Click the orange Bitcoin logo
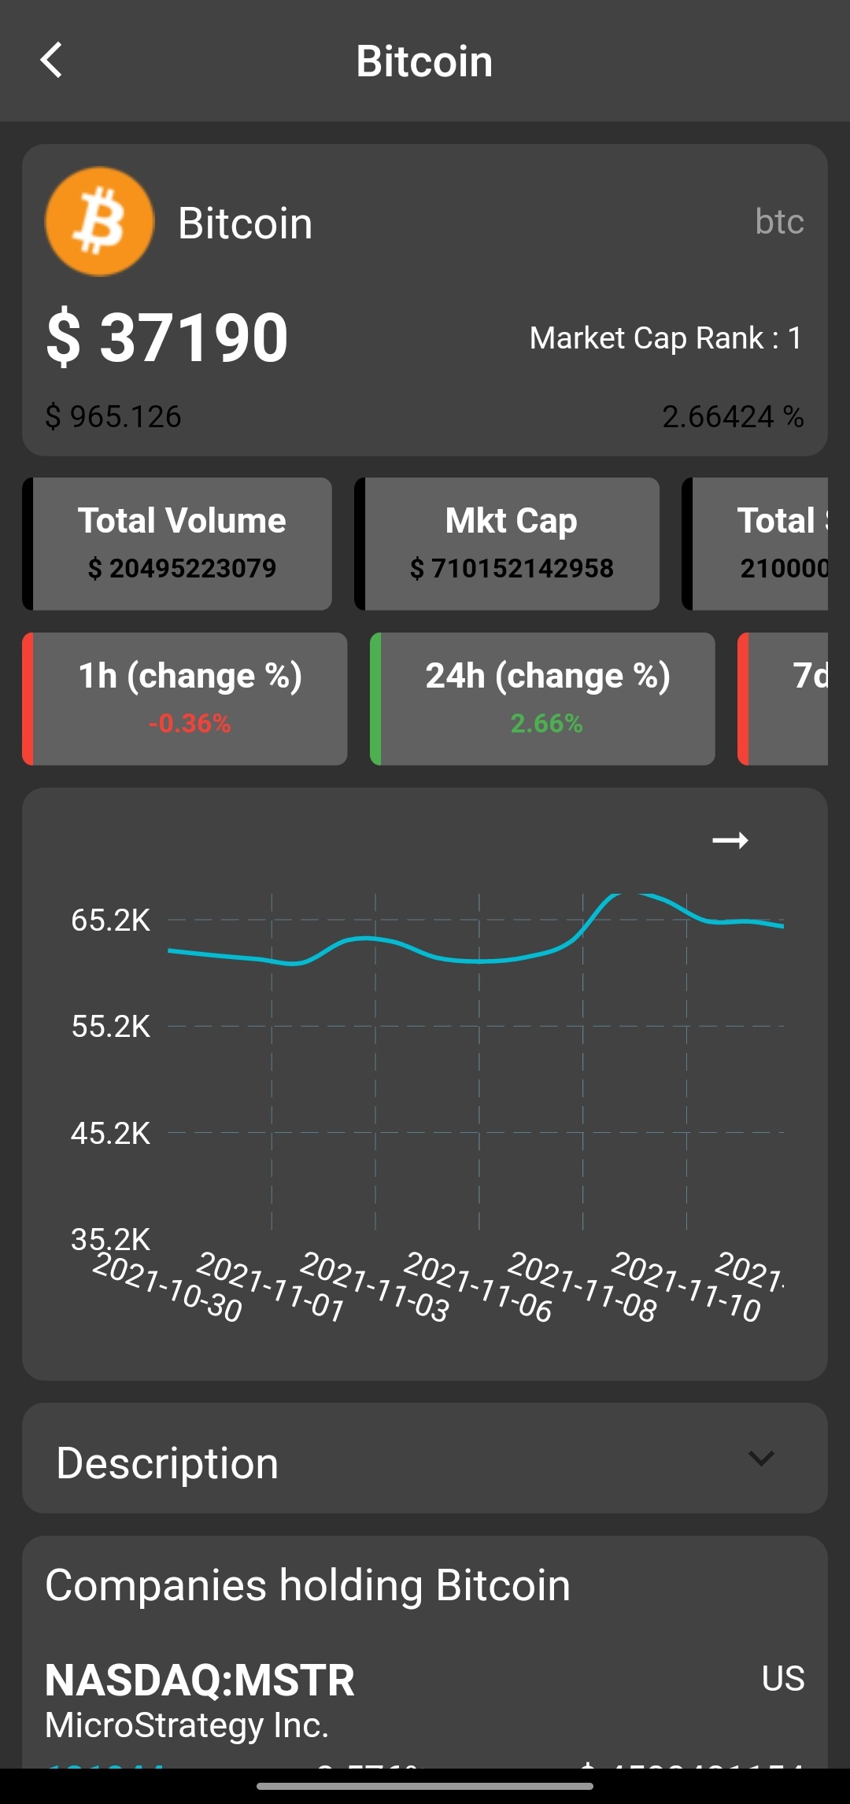(99, 222)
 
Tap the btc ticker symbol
(779, 222)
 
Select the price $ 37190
(168, 338)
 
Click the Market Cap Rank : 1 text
(665, 338)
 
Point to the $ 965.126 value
(113, 416)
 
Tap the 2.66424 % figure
(732, 416)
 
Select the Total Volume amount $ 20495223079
(182, 568)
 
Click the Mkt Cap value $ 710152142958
(512, 568)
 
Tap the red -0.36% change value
(190, 723)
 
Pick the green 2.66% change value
(546, 723)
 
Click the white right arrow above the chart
(730, 840)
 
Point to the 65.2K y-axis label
(110, 920)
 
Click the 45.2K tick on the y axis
(110, 1133)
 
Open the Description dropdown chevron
(761, 1458)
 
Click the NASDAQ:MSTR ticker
(200, 1680)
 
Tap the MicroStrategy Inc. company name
(187, 1725)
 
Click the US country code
(782, 1678)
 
